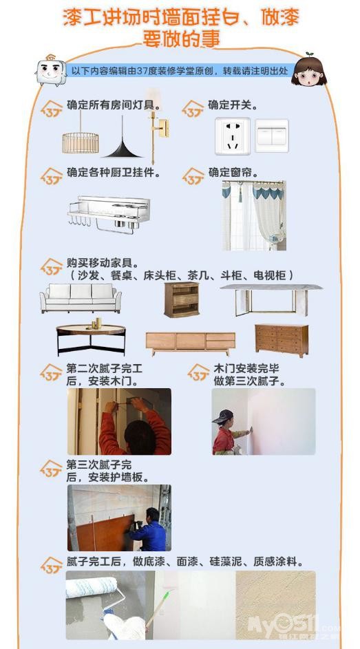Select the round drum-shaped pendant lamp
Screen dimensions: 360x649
coord(81,142)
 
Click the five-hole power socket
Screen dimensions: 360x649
coord(232,136)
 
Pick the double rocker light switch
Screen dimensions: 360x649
coord(271,136)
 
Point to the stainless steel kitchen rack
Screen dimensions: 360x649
coord(109,215)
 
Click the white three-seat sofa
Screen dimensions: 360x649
coord(81,298)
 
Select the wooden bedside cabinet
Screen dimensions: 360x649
coord(181,299)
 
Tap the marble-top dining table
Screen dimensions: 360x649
coord(271,299)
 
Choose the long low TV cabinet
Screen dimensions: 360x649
coord(191,343)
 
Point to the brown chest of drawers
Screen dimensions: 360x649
coord(282,340)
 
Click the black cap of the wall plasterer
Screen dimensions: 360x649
coord(222,416)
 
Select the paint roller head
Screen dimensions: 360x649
coord(92,586)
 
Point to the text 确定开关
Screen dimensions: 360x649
coord(233,105)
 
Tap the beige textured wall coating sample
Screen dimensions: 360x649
coord(275,605)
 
